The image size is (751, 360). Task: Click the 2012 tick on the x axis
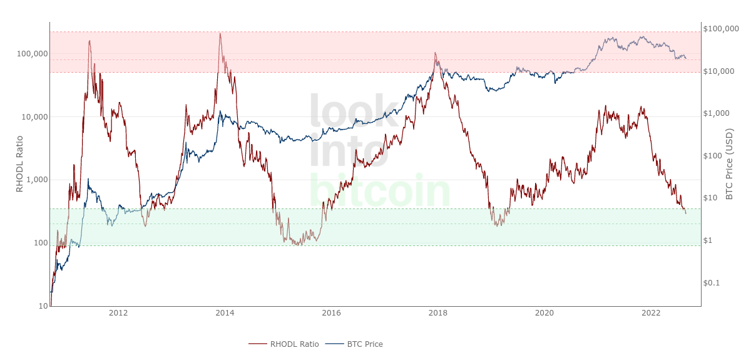click(118, 313)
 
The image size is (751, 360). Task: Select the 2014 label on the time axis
click(225, 313)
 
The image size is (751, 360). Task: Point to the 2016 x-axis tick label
click(332, 313)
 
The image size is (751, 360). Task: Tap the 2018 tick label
click(438, 313)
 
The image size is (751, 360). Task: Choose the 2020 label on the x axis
click(544, 313)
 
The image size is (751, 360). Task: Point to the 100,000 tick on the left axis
click(32, 54)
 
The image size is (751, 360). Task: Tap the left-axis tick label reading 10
click(43, 306)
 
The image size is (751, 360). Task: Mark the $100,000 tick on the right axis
click(721, 29)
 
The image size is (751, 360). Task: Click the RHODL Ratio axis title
click(19, 163)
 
